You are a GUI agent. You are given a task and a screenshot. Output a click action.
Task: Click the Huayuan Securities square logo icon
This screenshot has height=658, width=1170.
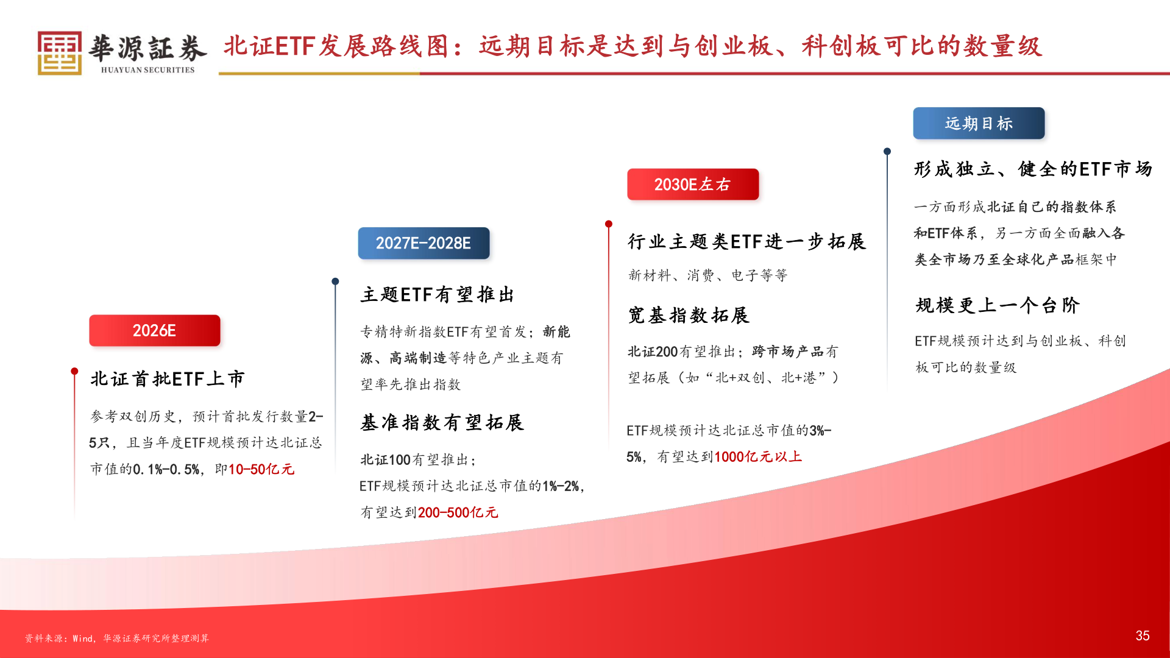[x=59, y=53]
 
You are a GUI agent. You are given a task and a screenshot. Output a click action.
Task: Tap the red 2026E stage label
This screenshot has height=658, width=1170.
[x=155, y=331]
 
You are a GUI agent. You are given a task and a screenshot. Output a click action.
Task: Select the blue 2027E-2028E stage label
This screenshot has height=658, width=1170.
[x=424, y=243]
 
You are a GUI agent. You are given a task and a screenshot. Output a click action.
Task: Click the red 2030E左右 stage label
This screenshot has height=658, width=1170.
[x=693, y=185]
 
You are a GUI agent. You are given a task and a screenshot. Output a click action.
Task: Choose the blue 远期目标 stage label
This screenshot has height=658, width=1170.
[x=979, y=124]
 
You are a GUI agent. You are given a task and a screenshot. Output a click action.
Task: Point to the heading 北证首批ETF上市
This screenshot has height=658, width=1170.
[x=168, y=379]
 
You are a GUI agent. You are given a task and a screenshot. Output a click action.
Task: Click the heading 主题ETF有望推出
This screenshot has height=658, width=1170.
[x=438, y=295]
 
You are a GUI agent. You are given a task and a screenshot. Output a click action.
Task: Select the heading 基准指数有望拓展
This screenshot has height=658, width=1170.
[x=442, y=422]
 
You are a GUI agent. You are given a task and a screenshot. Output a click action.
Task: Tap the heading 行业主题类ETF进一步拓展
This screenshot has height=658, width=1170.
[x=746, y=242]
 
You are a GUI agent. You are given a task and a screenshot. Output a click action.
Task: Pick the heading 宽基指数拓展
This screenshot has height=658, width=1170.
[x=689, y=315]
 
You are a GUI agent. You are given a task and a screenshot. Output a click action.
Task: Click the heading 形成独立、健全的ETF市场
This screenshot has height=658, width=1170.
[x=1033, y=169]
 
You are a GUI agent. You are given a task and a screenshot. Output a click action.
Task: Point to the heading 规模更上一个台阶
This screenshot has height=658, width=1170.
[x=998, y=305]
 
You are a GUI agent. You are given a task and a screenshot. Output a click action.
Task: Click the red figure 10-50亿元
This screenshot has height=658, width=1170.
[x=261, y=469]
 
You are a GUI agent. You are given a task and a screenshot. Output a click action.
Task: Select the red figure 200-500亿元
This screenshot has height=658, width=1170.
[x=458, y=512]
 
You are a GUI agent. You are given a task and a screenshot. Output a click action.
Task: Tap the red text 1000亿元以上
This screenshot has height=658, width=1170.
[x=758, y=456]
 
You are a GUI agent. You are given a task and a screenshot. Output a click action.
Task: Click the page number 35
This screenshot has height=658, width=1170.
[x=1143, y=636]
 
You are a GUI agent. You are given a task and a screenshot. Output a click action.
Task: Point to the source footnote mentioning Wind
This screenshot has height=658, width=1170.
[x=117, y=639]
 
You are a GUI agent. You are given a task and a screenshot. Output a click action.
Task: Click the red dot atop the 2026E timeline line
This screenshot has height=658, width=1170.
[x=74, y=371]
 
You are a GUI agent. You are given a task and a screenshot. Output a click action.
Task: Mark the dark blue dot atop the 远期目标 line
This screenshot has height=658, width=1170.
[x=887, y=151]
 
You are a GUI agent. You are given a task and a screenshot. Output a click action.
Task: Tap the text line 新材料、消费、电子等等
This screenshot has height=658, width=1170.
[x=708, y=275]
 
